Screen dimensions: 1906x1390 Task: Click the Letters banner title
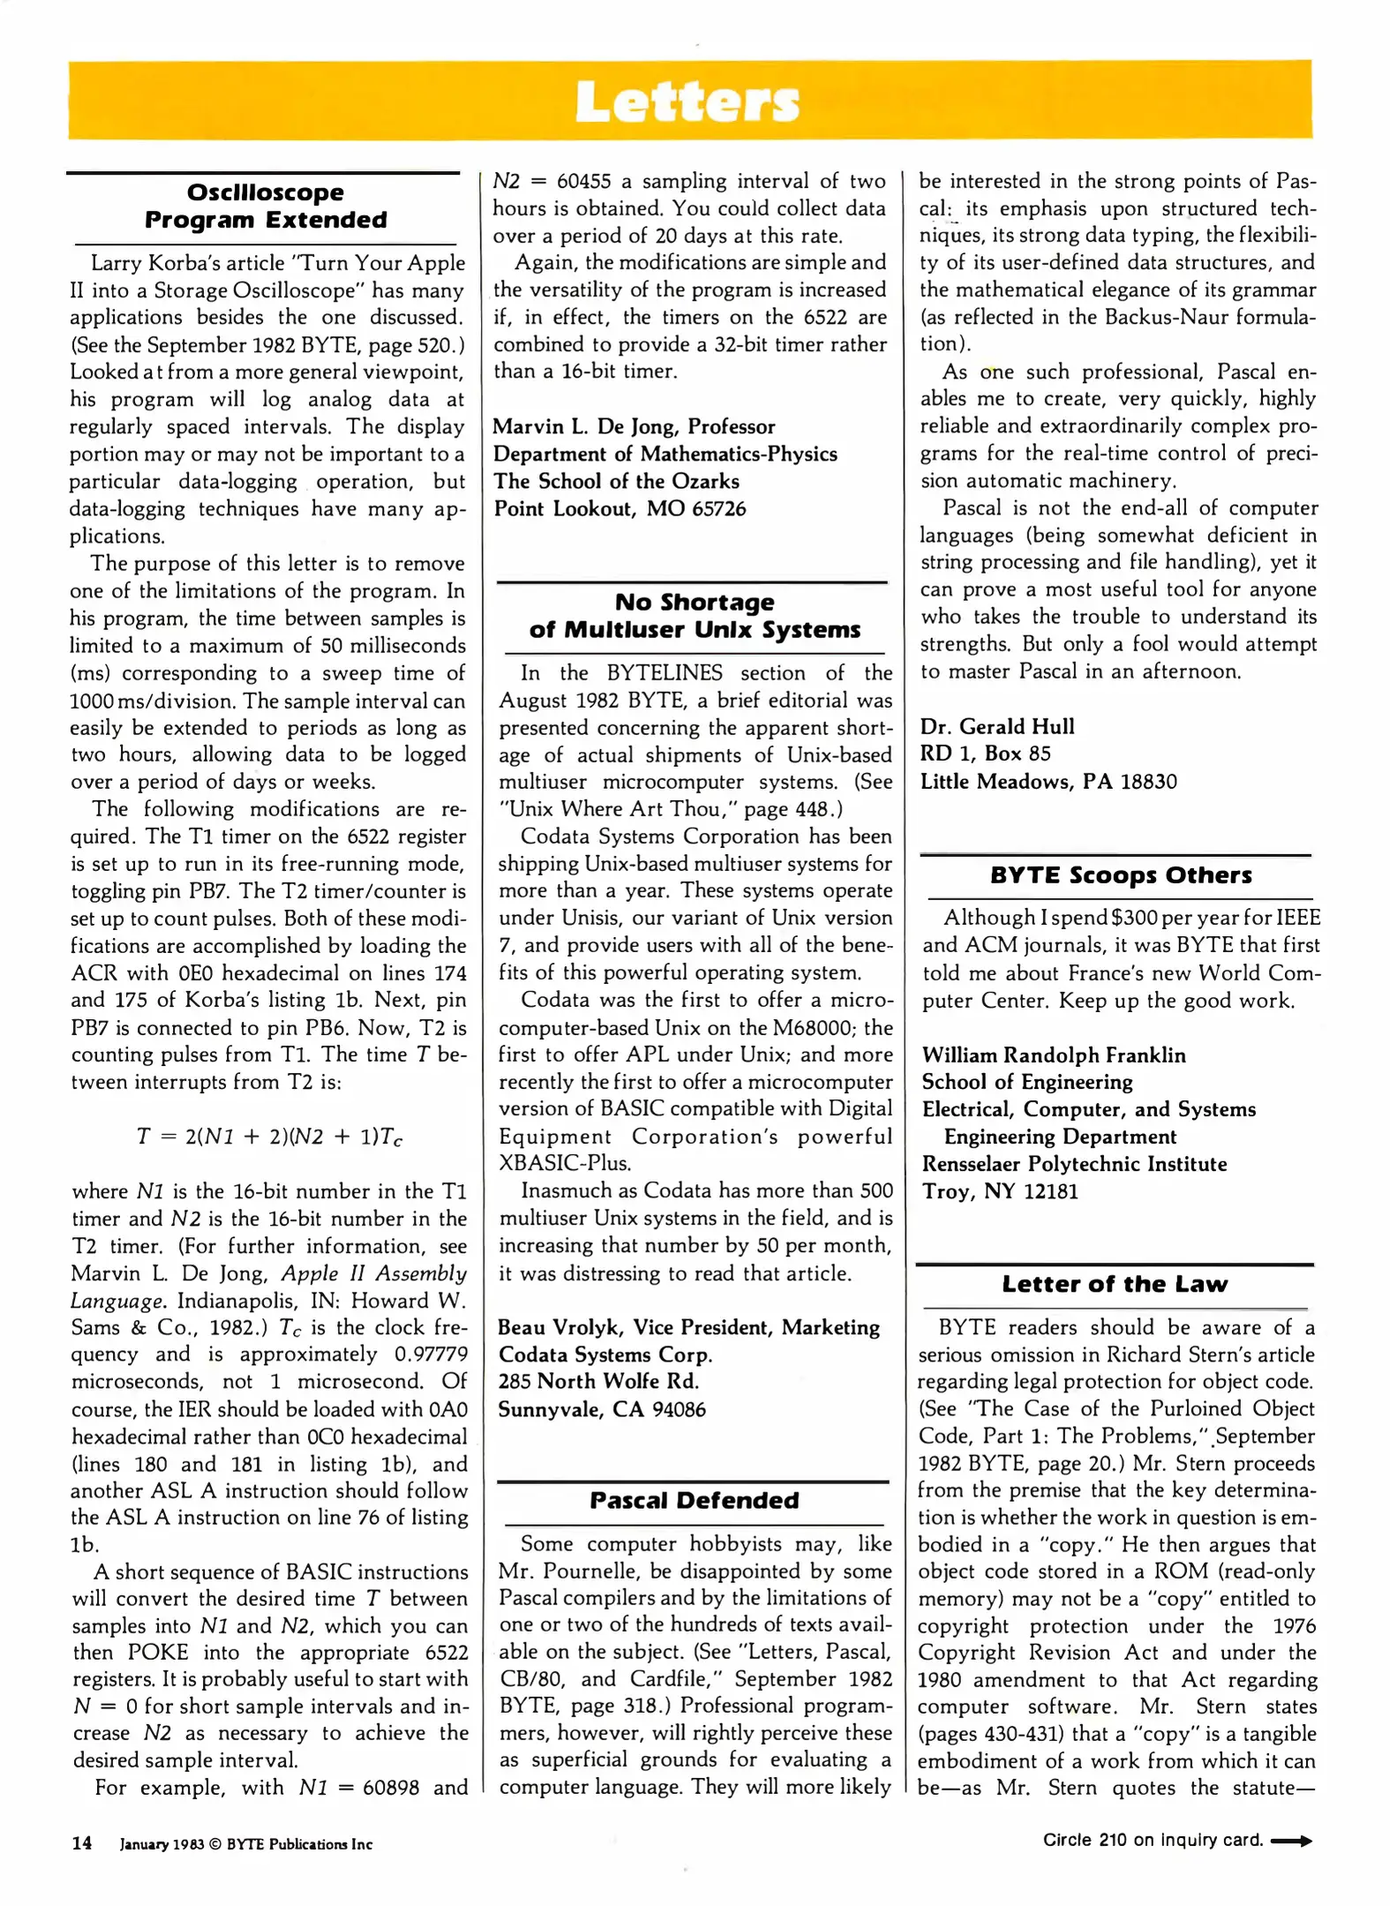click(x=687, y=102)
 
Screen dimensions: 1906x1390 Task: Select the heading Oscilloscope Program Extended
click(x=266, y=206)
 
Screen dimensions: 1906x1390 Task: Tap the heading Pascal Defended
click(x=694, y=1500)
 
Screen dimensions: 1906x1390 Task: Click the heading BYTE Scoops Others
click(x=1120, y=875)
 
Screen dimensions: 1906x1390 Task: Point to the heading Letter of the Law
click(x=1114, y=1284)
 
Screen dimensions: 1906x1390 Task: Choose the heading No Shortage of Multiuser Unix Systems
click(x=694, y=616)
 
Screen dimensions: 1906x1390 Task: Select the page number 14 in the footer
click(x=82, y=1842)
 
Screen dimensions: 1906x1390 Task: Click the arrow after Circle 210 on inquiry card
click(x=1291, y=1841)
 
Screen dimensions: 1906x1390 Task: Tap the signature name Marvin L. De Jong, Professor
click(x=634, y=427)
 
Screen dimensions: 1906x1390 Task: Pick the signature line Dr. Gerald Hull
click(x=997, y=726)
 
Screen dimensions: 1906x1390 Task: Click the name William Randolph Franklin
click(x=1054, y=1055)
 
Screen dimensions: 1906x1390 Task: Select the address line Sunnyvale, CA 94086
click(x=602, y=1409)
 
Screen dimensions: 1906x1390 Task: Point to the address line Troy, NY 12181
click(x=1000, y=1191)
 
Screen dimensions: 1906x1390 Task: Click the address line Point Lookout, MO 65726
click(x=620, y=509)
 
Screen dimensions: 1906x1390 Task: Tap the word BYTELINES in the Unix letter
click(x=664, y=673)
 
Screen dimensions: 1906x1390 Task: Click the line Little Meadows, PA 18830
click(x=1048, y=782)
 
